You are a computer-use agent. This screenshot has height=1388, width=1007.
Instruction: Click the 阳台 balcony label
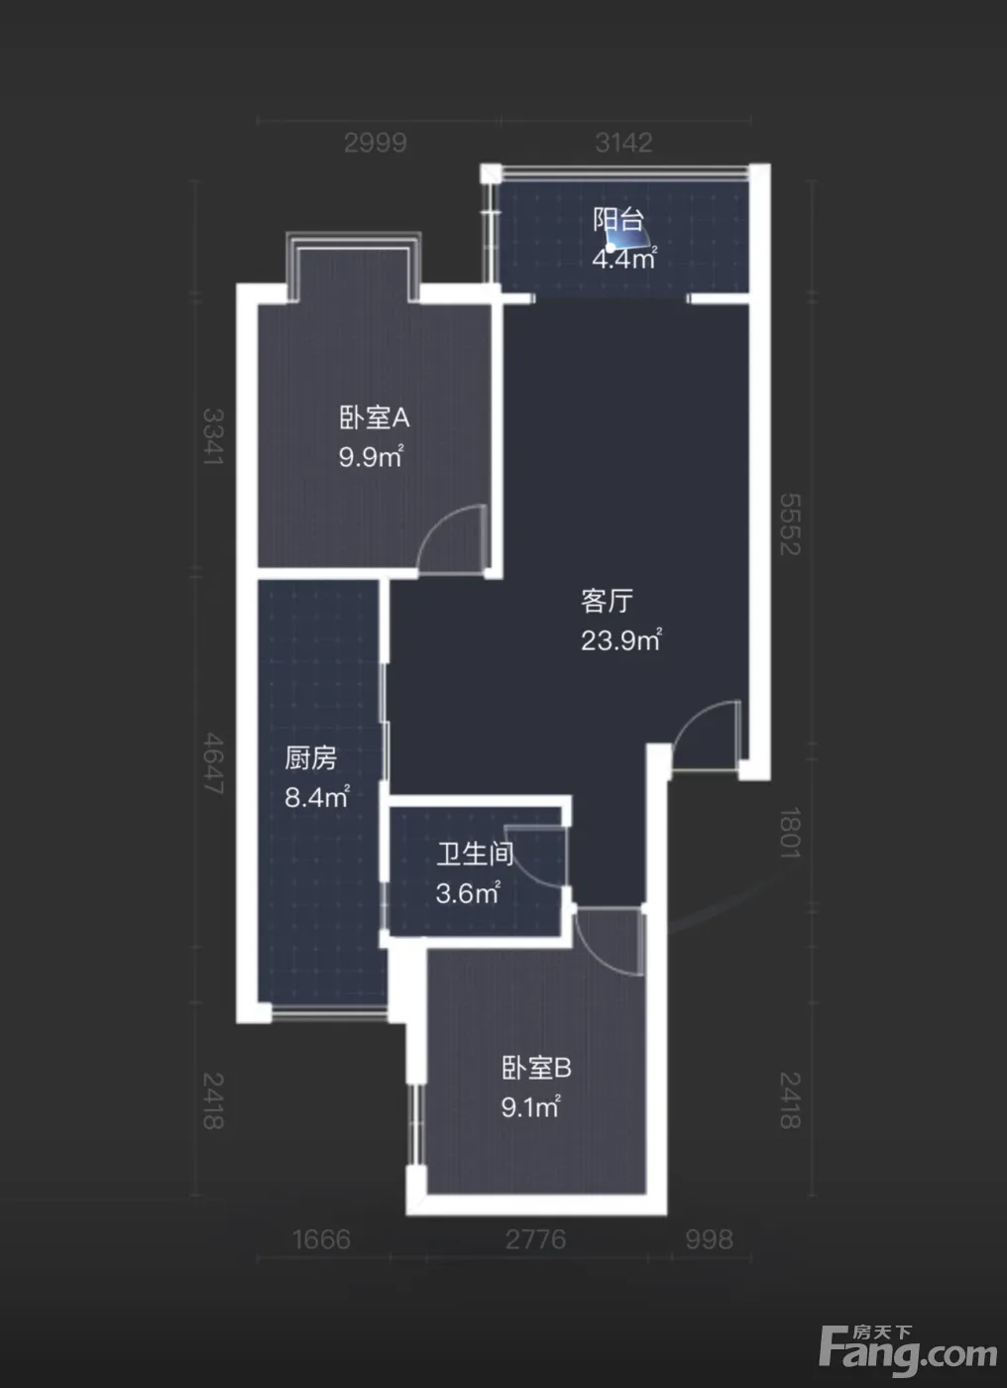618,220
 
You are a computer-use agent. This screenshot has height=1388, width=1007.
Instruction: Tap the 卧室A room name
374,417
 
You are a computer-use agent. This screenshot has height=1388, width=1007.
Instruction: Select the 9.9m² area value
371,456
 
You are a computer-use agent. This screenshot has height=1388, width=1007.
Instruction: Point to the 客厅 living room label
607,601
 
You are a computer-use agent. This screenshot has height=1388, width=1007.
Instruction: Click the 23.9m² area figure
621,639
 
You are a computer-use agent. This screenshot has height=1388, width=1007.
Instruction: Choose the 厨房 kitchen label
310,757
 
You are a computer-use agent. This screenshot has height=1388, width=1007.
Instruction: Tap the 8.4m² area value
317,796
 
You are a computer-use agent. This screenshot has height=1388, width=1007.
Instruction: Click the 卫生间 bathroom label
475,854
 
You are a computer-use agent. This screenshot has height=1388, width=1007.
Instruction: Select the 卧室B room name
536,1068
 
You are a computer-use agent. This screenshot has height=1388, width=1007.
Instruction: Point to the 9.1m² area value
530,1106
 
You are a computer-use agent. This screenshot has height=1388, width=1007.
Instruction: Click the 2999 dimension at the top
376,143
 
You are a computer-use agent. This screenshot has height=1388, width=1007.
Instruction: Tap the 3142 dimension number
623,143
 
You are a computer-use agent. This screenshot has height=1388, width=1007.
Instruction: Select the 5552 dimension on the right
790,524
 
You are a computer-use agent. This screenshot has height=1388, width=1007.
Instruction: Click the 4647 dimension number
214,763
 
